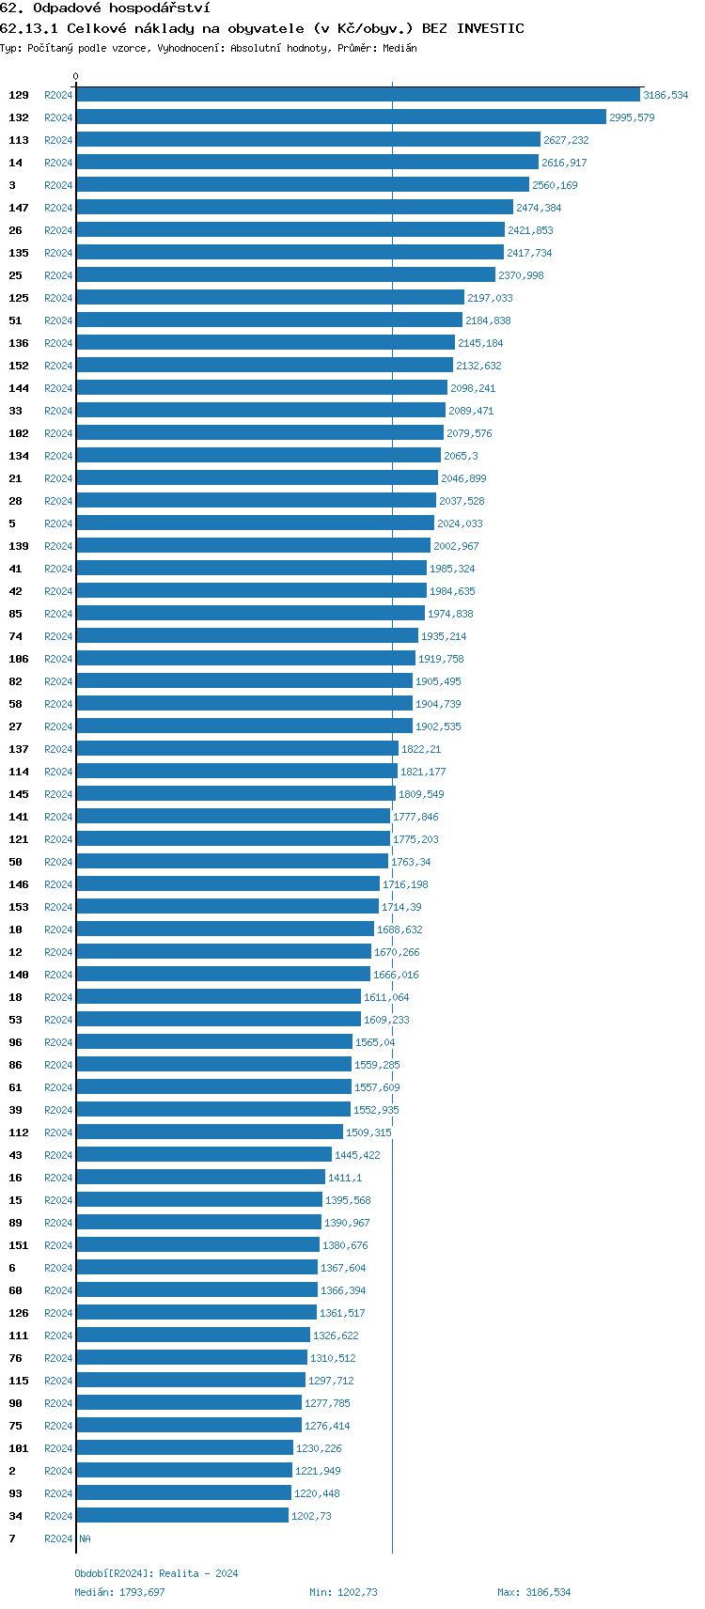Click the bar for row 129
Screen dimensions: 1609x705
coord(357,95)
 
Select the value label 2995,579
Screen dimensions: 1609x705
coord(632,117)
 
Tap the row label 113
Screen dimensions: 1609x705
coord(19,140)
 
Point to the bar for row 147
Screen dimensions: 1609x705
coord(294,208)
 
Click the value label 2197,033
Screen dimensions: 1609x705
coord(490,298)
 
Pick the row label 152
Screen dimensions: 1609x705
coord(19,366)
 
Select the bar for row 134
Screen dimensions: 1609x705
coord(258,456)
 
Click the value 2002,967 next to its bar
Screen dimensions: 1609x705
coord(456,546)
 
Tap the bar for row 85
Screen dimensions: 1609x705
coord(250,614)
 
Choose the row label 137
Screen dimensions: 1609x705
coord(19,749)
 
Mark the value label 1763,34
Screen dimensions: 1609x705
coord(411,862)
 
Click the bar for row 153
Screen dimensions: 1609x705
coord(227,907)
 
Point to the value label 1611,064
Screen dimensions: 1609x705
coord(386,997)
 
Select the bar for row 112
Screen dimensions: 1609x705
coord(209,1133)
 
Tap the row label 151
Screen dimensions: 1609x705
coord(19,1245)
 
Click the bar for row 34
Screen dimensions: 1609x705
coord(181,1516)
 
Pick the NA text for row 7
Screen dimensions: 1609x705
coord(86,1539)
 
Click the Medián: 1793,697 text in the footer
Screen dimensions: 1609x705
coord(119,1592)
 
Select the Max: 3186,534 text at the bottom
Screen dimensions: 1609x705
coord(534,1592)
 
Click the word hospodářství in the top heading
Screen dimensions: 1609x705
coord(159,8)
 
